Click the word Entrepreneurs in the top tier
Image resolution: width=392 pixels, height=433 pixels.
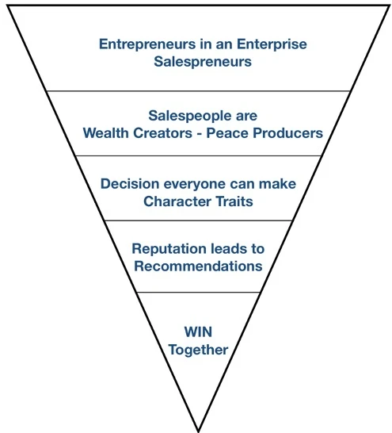[x=147, y=44]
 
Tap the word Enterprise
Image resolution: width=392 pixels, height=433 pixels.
[x=272, y=44]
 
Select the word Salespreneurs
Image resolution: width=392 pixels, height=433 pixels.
[x=203, y=62]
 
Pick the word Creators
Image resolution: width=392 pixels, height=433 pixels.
[x=163, y=133]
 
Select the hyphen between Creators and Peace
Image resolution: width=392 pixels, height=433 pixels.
[x=200, y=134]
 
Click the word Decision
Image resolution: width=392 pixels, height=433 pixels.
[x=130, y=184]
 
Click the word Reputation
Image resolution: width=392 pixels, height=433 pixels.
[x=169, y=249]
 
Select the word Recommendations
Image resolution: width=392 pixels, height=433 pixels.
[x=198, y=266]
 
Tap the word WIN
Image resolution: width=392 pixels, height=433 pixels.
[x=198, y=331]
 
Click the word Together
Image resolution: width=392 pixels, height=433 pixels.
[x=198, y=351]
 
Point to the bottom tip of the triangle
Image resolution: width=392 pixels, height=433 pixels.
[x=198, y=431]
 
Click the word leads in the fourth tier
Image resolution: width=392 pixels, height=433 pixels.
[x=228, y=248]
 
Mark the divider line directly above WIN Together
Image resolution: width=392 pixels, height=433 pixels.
[x=198, y=292]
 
